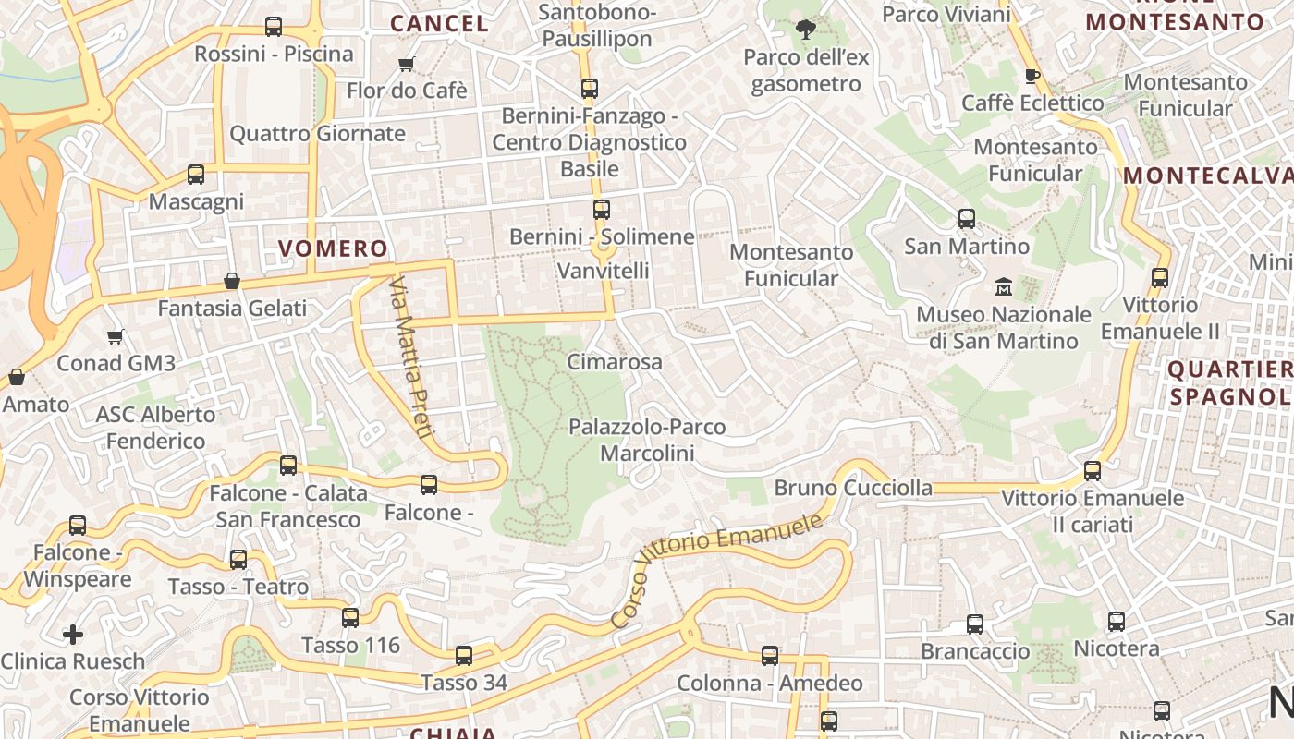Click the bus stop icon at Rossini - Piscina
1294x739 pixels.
click(274, 27)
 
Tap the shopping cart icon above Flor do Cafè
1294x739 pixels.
click(406, 64)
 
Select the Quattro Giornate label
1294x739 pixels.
click(317, 133)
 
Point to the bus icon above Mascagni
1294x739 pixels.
click(196, 174)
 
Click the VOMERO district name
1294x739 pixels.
click(333, 248)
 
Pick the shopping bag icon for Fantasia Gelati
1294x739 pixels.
click(232, 281)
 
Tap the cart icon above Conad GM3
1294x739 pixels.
click(116, 336)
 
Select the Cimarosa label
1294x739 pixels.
click(614, 361)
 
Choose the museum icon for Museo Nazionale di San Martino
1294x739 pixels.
click(1003, 286)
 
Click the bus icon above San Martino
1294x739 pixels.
click(967, 219)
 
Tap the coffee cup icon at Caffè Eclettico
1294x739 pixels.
click(1032, 76)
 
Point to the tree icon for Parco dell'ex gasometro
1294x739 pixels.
click(806, 30)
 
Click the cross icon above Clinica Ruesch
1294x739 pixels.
click(73, 635)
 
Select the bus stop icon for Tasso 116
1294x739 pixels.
click(350, 618)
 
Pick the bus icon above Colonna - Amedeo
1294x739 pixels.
click(770, 656)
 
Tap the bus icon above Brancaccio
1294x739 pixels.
click(975, 624)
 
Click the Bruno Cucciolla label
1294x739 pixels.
click(853, 487)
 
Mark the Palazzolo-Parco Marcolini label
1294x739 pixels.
click(647, 440)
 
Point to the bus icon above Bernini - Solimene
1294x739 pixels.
click(602, 210)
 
